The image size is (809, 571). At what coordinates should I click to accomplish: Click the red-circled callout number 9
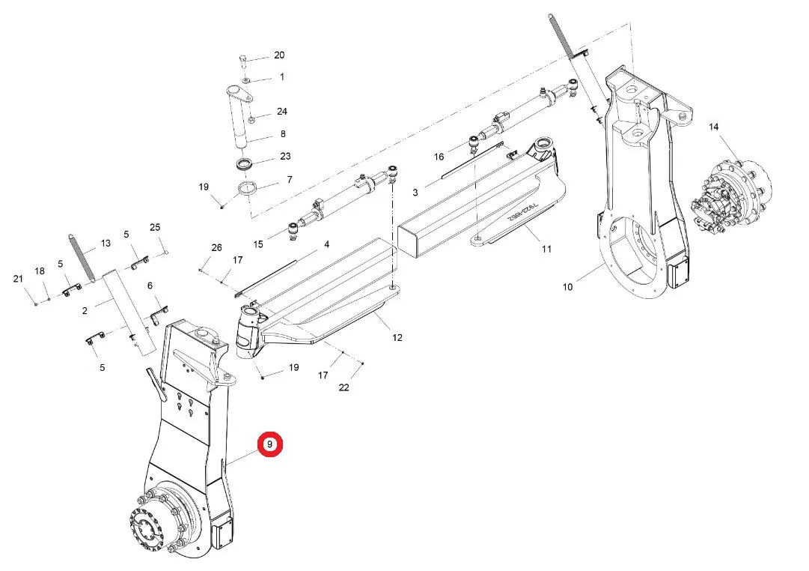pos(270,444)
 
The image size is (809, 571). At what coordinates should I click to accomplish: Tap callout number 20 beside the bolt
pos(279,55)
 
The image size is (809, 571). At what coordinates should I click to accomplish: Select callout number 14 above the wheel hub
pos(713,127)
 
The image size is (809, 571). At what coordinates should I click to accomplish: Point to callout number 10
pos(567,287)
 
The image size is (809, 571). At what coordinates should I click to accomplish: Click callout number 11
pos(546,249)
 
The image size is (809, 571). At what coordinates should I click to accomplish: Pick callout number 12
pos(397,337)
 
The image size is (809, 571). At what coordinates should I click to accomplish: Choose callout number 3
pos(415,193)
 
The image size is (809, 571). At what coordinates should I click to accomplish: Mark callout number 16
pos(439,157)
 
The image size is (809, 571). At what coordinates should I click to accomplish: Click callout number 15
pos(258,244)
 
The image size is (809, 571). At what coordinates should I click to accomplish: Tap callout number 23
pos(285,156)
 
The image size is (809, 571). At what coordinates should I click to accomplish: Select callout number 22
pos(344,387)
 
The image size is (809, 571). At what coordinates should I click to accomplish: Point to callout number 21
pos(18,279)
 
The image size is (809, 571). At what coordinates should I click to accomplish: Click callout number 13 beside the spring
pos(106,243)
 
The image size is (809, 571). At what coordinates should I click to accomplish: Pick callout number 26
pos(217,248)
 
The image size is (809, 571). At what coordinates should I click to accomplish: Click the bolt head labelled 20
pos(244,61)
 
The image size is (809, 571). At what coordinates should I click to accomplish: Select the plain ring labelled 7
pos(248,189)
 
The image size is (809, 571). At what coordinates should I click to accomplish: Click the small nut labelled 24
pos(251,121)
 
